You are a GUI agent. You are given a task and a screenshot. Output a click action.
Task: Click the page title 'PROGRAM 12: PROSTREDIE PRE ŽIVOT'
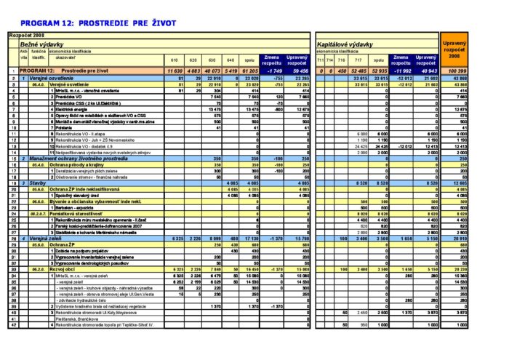pyautogui.click(x=98, y=23)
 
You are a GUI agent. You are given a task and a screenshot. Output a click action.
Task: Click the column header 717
pyautogui.click(x=358, y=60)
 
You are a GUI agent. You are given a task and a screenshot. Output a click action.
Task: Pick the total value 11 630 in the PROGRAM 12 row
pyautogui.click(x=175, y=71)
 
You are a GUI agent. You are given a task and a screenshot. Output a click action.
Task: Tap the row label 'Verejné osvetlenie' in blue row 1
pyautogui.click(x=52, y=77)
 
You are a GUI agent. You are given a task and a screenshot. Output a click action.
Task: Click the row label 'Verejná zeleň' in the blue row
pyautogui.click(x=47, y=238)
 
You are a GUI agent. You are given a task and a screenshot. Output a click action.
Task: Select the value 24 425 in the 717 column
pyautogui.click(x=360, y=145)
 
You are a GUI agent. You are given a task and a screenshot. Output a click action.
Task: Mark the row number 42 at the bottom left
pyautogui.click(x=14, y=325)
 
